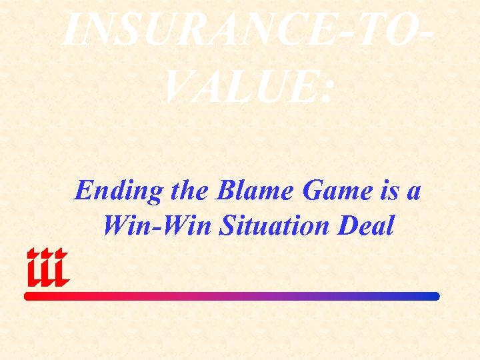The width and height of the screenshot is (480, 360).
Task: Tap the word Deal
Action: [366, 227]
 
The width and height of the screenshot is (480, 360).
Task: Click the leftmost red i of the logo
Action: [33, 268]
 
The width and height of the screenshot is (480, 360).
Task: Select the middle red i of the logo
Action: [47, 268]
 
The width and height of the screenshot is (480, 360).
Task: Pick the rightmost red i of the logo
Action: [61, 268]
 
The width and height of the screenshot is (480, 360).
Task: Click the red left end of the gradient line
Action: [30, 296]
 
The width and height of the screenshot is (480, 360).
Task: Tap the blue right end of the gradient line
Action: [434, 296]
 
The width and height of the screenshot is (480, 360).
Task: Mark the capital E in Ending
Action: [83, 191]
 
